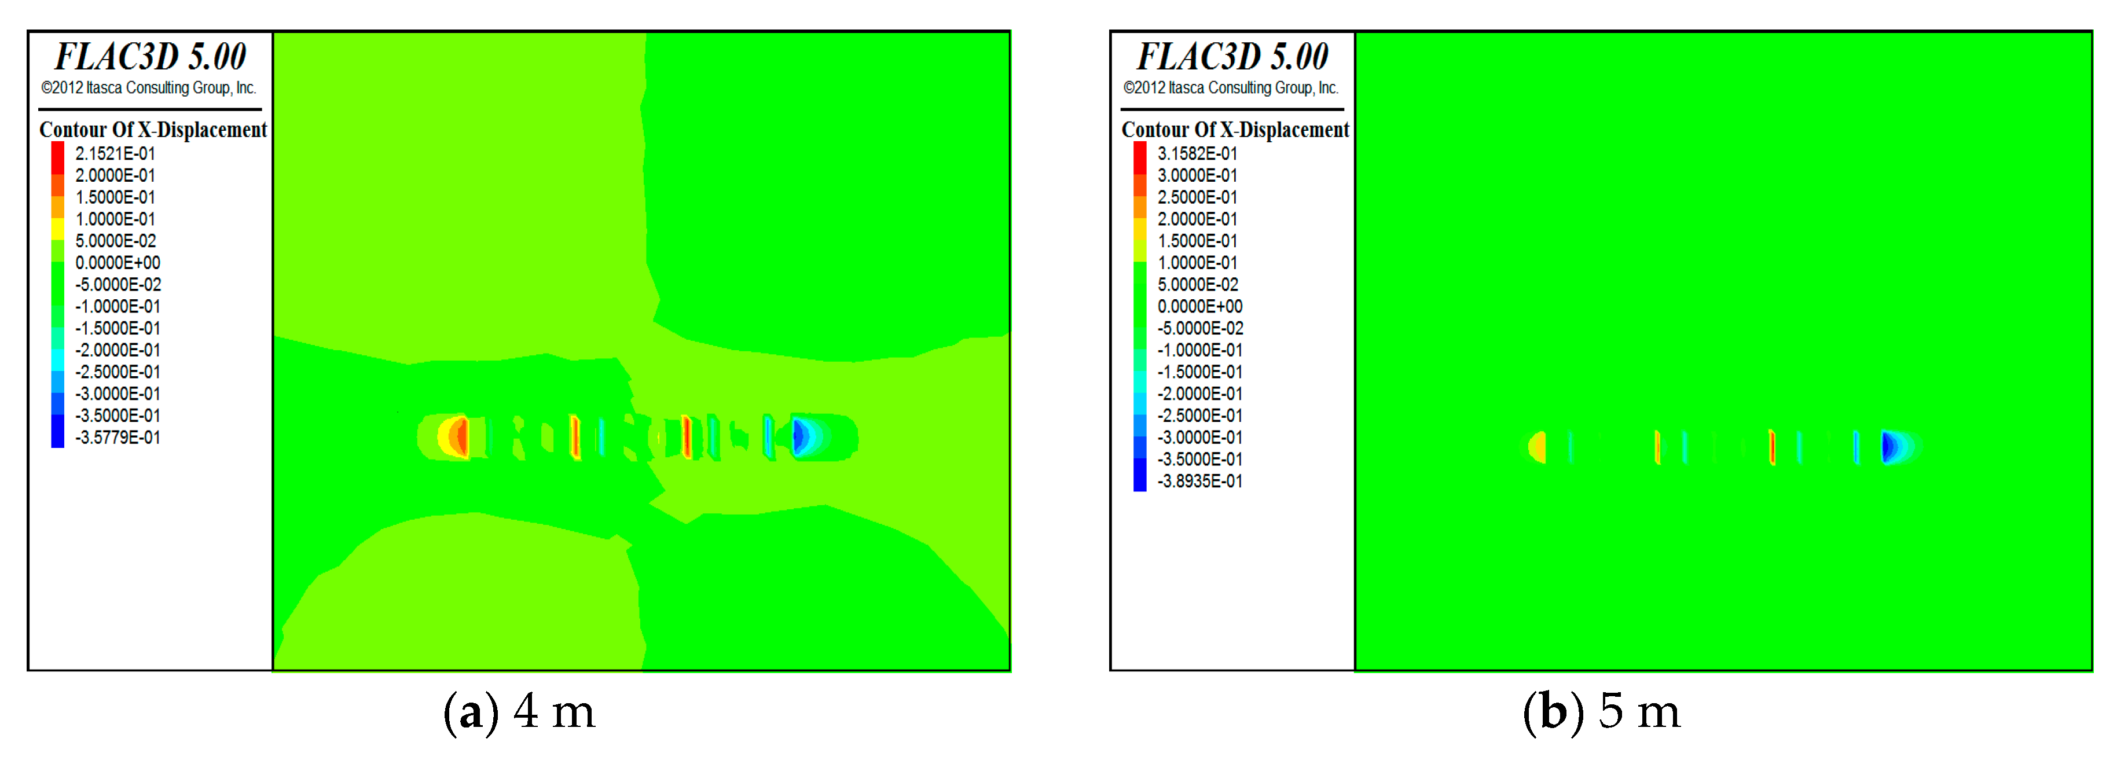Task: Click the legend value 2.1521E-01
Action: point(115,153)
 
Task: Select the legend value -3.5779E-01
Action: point(118,438)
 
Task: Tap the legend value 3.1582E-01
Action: point(1197,153)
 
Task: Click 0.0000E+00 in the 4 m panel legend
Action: point(118,263)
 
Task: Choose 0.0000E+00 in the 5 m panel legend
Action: point(1200,306)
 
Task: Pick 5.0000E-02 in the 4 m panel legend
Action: point(115,241)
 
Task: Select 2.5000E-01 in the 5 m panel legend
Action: point(1197,197)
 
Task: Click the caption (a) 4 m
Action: point(519,711)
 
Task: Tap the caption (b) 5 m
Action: point(1602,711)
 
